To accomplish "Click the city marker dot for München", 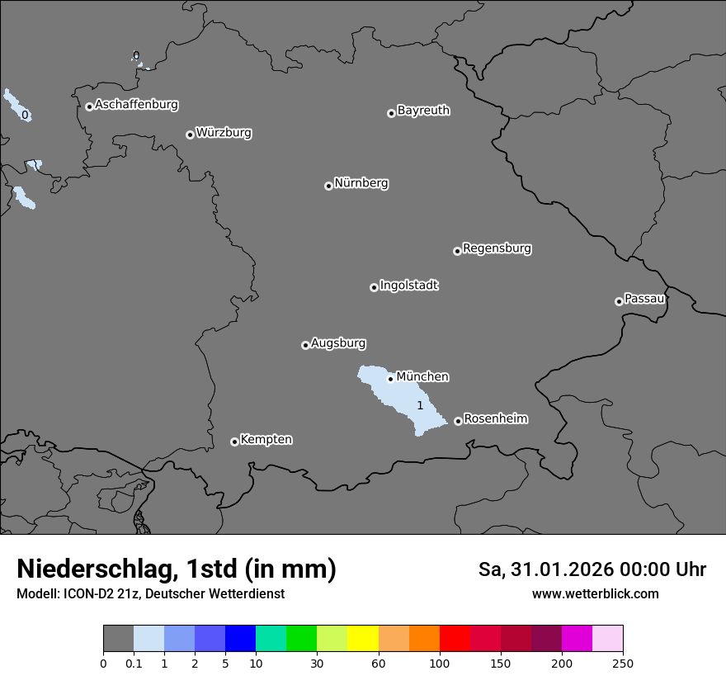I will tap(390, 379).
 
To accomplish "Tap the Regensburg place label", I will tap(497, 248).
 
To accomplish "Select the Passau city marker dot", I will tap(619, 301).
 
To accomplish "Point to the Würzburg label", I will tap(224, 133).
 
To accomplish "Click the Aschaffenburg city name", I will tap(136, 105).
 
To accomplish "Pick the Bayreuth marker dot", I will tap(391, 113).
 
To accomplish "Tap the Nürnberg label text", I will tap(361, 183).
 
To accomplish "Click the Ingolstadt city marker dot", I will tap(374, 287).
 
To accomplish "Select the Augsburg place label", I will tap(338, 343).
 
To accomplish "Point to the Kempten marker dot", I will tap(234, 442).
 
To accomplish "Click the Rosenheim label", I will tap(495, 419).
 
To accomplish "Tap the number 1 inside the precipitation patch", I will tap(420, 405).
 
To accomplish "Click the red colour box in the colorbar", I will tap(455, 639).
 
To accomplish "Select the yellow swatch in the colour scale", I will tap(363, 639).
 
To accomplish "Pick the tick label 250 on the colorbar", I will tap(623, 663).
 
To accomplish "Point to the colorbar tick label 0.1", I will tap(133, 663).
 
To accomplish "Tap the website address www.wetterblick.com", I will tap(595, 594).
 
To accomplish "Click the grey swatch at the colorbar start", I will tap(118, 639).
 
